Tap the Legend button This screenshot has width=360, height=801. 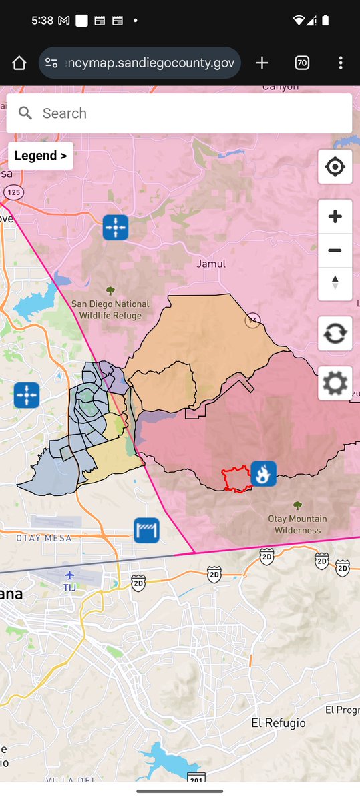pos(40,156)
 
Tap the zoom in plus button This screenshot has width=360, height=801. pos(335,217)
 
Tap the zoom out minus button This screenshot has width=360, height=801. pos(335,251)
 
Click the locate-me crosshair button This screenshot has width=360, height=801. pos(335,166)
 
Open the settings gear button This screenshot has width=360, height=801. pos(335,384)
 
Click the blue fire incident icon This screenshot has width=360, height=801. pos(264,474)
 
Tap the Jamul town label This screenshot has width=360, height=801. pos(211,264)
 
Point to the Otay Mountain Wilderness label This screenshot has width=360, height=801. pos(298,525)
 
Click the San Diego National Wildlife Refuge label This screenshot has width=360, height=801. pos(110,310)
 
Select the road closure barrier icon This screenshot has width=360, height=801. pos(146,531)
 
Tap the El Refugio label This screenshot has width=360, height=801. pos(279,723)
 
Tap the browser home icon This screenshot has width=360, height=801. pos(19,63)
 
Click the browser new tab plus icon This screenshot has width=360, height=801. pos(262,63)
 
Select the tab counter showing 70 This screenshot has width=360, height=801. pos(302,63)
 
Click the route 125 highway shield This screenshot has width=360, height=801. pos(12,192)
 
